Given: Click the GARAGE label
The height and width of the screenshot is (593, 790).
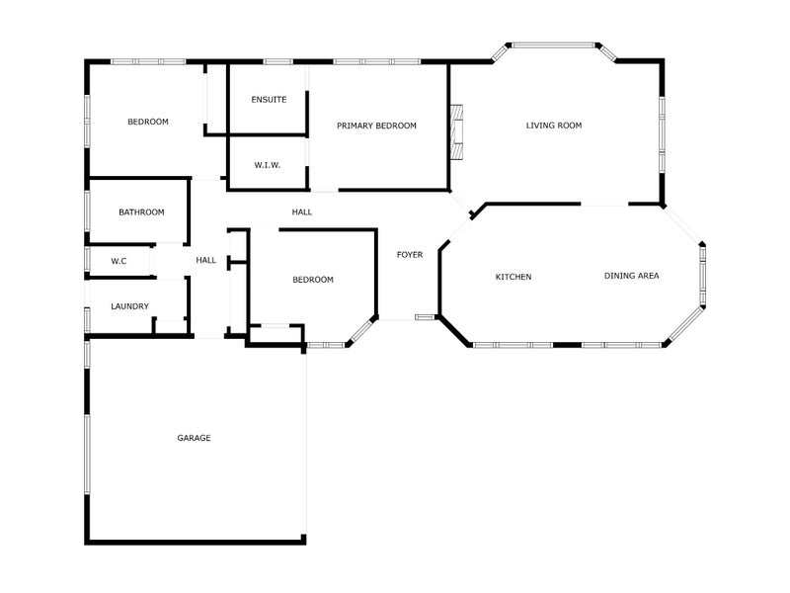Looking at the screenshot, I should click(x=194, y=438).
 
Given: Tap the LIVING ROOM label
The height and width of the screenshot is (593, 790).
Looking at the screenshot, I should click(x=554, y=126).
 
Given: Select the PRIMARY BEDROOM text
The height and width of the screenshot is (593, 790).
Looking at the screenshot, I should click(x=376, y=126).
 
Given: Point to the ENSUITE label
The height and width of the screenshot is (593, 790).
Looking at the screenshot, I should click(x=269, y=100).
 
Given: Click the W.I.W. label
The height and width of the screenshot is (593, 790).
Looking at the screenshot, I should click(x=268, y=165).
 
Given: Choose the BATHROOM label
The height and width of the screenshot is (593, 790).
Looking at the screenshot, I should click(x=141, y=212).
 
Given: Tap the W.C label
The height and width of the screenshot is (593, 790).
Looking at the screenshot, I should click(x=118, y=261).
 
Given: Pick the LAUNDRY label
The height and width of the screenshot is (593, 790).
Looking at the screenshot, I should click(x=129, y=306).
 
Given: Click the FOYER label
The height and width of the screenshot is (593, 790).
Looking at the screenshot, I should click(x=410, y=255).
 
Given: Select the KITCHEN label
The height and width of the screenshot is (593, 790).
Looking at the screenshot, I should click(x=513, y=277).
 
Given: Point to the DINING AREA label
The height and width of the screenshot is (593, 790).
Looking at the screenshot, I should click(x=632, y=276).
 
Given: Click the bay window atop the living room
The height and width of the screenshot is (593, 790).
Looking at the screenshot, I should click(x=553, y=44).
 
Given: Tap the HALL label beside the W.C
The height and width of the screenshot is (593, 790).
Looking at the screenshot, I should click(x=206, y=260).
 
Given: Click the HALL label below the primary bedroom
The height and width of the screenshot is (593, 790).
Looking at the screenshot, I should click(x=302, y=212).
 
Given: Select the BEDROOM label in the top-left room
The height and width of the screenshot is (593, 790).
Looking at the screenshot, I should click(x=148, y=122).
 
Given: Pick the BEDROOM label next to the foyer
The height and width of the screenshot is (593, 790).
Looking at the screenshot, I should click(x=313, y=280).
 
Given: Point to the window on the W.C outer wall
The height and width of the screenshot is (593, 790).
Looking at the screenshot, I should click(x=88, y=260).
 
